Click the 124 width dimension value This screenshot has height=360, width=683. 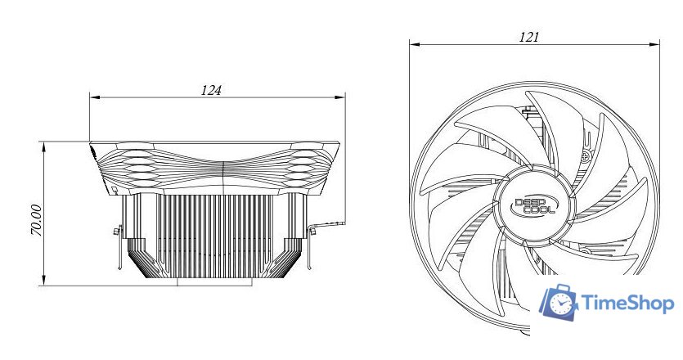click(211, 90)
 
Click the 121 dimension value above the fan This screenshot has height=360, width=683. click(529, 37)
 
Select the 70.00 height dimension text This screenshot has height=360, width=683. click(37, 220)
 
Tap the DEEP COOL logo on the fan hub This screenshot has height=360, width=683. click(534, 206)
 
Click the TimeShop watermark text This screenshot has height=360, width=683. click(627, 303)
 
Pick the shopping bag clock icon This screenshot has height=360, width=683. click(558, 302)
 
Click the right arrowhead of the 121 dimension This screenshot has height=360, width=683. click(654, 44)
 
